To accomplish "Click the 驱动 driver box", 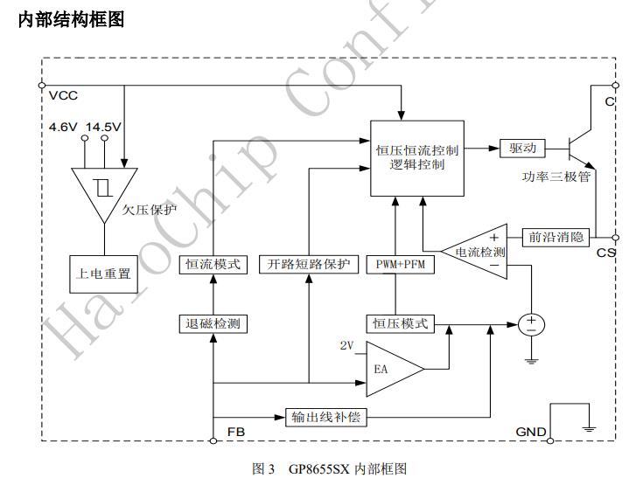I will [523, 148].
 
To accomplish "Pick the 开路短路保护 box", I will [309, 265].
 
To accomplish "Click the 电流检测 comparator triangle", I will [478, 251].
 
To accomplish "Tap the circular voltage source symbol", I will [531, 324].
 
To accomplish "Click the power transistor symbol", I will [578, 148].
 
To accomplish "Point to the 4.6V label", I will [63, 127].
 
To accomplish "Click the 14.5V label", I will [104, 127].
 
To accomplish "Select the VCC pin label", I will [63, 95].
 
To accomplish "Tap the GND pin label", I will [530, 432].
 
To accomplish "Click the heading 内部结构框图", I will [71, 19].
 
